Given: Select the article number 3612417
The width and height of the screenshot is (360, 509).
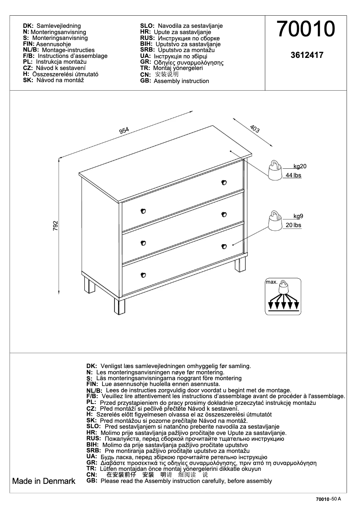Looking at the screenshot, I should (x=307, y=56).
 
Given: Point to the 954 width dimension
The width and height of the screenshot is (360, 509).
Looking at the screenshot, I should (x=124, y=131).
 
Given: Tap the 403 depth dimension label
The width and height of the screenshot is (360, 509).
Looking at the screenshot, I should (x=255, y=129).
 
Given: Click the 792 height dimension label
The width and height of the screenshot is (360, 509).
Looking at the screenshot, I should (x=56, y=225).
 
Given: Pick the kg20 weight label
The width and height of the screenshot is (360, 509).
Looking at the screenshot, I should (x=299, y=166).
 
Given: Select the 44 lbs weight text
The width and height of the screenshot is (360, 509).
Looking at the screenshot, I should (x=294, y=176).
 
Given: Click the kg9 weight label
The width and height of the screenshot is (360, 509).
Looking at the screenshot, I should (x=299, y=216).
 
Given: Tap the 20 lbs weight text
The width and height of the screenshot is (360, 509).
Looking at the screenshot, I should (x=294, y=225).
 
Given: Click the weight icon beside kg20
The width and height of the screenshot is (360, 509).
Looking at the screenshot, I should (x=274, y=170).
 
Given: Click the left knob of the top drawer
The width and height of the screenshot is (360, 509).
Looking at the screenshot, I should (x=144, y=211).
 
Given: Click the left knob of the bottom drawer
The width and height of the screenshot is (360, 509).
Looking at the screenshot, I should (x=144, y=275).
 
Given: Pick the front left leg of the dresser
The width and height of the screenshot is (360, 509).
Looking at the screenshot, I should (x=119, y=306).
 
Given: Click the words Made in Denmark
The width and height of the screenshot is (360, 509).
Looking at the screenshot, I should (x=44, y=481).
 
